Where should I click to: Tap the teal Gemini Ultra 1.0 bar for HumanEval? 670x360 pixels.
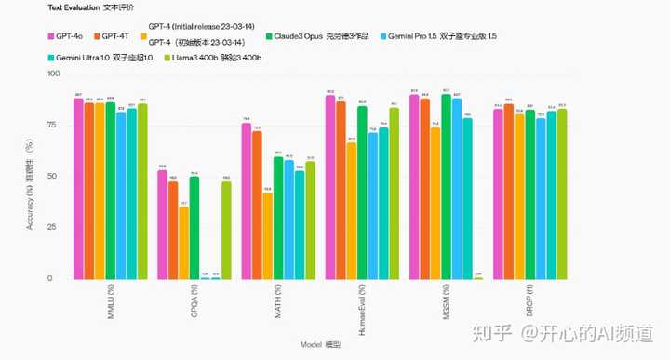click(383, 204)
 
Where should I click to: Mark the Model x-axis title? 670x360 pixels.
click(320, 344)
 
